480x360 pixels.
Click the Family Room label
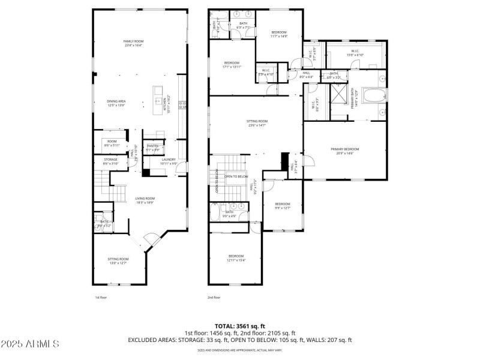point(134,43)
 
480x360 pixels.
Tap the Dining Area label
point(116,103)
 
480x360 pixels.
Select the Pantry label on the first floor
point(153,148)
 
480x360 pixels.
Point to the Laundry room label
point(168,161)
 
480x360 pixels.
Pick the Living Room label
point(145,200)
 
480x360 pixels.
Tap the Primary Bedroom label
point(345,151)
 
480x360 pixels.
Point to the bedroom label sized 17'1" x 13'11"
point(232,65)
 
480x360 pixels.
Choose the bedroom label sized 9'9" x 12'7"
point(282,206)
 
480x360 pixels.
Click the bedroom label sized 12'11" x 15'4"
point(236,259)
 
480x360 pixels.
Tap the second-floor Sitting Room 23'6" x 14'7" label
point(257,123)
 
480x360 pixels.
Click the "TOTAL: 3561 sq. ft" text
point(239,326)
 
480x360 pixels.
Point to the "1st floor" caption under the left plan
point(100,297)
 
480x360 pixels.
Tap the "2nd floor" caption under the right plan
point(214,297)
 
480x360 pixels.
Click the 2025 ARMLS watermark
point(30,344)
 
